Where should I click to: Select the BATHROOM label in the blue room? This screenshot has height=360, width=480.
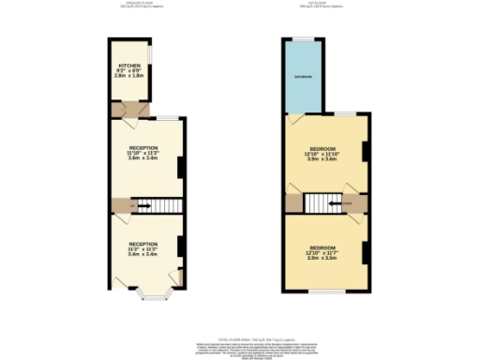click(304, 75)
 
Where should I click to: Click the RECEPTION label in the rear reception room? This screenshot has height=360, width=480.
click(143, 148)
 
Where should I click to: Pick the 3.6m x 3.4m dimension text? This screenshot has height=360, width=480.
click(143, 158)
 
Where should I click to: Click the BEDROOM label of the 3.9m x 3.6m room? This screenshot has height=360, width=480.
click(324, 149)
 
